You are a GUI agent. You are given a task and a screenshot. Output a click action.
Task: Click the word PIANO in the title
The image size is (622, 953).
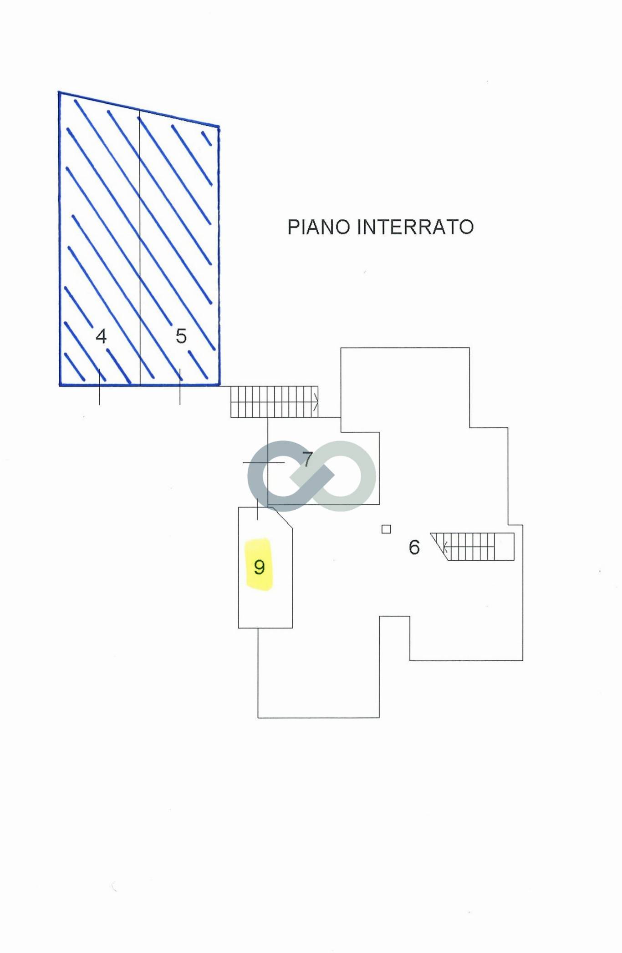319,227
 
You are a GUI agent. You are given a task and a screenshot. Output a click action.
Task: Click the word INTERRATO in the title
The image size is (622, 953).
415,227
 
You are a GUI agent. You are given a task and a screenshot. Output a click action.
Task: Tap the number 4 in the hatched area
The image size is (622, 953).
101,337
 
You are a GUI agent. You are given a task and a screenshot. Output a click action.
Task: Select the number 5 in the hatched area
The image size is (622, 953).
181,336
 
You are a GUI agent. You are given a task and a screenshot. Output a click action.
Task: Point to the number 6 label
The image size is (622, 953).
414,547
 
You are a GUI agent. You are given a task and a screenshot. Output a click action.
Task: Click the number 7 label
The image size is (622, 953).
308,460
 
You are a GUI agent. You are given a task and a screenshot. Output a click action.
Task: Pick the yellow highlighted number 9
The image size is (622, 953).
259,567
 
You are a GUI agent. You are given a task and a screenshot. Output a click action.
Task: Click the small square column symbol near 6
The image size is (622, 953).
386,529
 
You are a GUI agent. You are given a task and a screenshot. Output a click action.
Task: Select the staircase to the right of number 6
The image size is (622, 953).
474,546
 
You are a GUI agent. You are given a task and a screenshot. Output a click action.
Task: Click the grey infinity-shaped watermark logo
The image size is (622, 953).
312,476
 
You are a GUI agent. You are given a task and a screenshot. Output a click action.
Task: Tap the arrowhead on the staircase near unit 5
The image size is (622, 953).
316,402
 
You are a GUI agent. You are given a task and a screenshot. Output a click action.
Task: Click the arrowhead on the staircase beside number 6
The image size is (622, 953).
445,546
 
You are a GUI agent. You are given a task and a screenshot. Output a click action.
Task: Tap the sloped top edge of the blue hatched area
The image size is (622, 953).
139,110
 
